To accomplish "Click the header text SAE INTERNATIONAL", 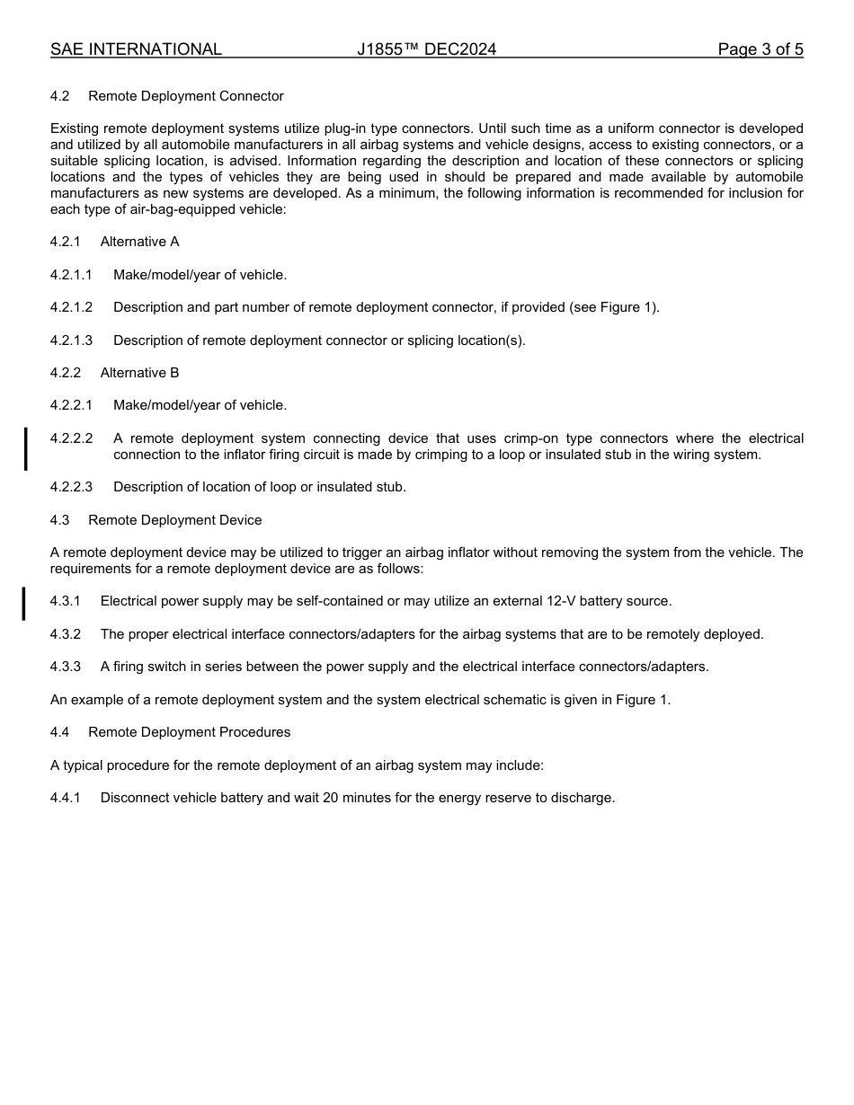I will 136,49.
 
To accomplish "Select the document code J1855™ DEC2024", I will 426,49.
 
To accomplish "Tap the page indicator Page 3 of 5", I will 760,49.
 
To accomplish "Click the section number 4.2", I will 60,96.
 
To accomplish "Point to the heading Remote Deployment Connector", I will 185,96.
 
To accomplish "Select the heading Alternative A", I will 139,242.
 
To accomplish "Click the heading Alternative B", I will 139,373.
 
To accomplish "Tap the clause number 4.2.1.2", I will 71,307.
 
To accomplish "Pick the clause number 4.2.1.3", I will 71,340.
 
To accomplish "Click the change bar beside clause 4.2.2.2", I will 25,448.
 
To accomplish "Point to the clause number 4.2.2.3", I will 71,487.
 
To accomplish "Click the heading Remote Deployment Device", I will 175,520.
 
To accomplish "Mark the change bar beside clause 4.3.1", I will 24,603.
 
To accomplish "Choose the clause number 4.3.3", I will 66,667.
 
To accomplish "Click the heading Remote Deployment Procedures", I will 189,732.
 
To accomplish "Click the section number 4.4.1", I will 66,798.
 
